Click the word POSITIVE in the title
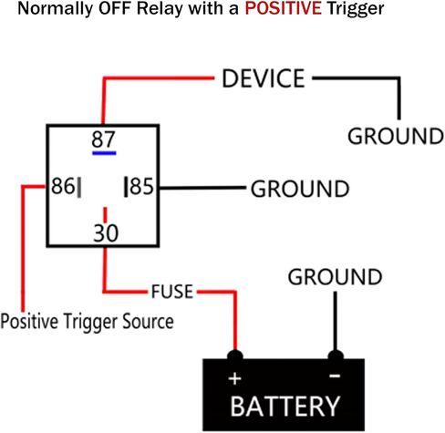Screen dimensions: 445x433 coord(283,8)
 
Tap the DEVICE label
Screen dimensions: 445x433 coord(264,78)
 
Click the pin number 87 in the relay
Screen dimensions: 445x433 coord(103,139)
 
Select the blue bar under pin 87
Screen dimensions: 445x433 coord(104,153)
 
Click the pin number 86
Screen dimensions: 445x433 coord(63,186)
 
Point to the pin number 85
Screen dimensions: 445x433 coord(141,186)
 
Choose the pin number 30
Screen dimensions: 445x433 coord(106,233)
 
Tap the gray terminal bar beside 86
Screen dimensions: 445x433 coord(79,188)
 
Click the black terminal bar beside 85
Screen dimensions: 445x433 coord(126,187)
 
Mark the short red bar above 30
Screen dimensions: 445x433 coord(105,215)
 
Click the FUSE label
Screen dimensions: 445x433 coord(172,292)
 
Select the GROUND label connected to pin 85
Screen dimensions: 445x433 coord(300,189)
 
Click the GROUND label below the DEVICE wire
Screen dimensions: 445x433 coord(396,136)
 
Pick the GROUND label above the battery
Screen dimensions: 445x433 coord(335,277)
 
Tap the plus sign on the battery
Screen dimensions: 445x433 coord(234,379)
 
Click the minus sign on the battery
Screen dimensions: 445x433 coord(335,376)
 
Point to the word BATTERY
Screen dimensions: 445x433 coord(285,407)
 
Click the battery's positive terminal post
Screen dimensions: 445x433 coord(235,356)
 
